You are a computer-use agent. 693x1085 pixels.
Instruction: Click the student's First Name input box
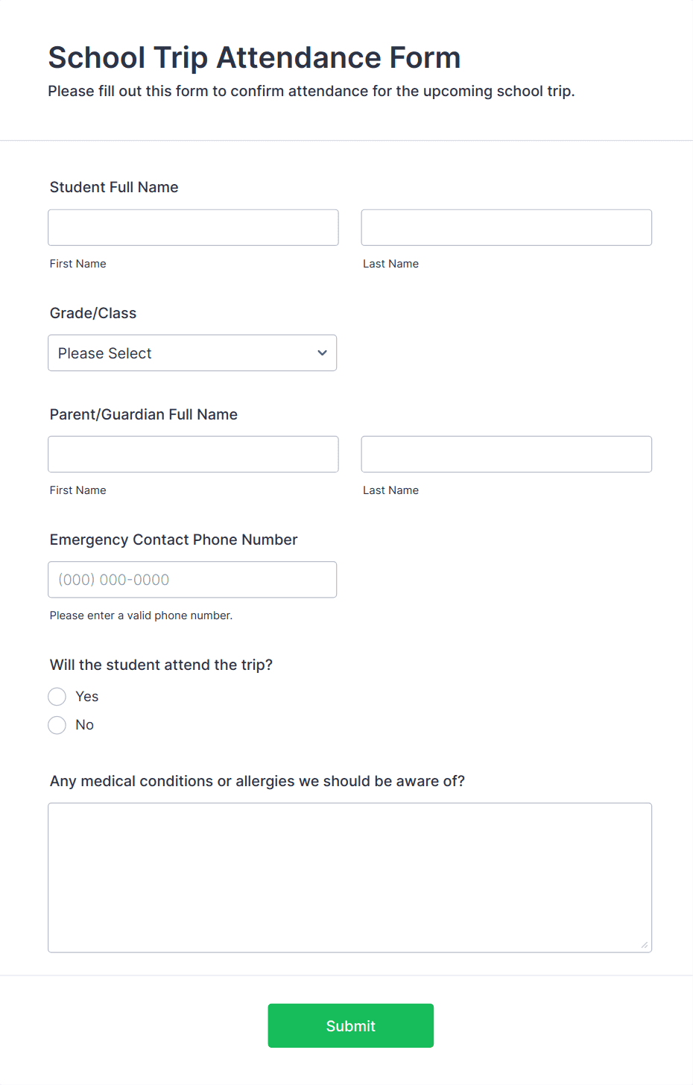(x=193, y=227)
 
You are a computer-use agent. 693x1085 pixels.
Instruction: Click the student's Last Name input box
(x=506, y=227)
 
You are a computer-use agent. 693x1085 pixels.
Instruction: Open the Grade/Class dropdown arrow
(x=322, y=353)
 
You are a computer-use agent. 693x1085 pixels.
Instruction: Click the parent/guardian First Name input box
(x=193, y=454)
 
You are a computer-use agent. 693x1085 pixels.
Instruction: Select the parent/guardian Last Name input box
(x=506, y=454)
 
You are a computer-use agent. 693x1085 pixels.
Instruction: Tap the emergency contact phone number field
(x=192, y=580)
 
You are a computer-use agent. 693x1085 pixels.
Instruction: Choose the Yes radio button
(x=57, y=697)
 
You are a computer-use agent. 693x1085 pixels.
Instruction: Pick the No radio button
(x=57, y=725)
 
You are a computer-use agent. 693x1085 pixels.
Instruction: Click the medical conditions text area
(x=349, y=877)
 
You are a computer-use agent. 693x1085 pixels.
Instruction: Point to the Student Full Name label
(x=114, y=187)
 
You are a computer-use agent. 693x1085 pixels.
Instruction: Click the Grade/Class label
(x=93, y=313)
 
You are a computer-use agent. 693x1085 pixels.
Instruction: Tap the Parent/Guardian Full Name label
(x=144, y=414)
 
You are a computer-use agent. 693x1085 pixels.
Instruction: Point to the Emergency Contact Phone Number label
(x=174, y=540)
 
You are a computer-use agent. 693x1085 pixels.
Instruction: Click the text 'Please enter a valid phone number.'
(x=141, y=616)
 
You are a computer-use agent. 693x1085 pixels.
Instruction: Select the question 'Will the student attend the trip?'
(x=161, y=665)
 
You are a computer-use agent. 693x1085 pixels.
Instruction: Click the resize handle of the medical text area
(x=645, y=945)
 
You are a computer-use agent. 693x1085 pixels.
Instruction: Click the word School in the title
(x=97, y=58)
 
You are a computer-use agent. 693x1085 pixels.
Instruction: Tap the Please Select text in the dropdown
(x=105, y=353)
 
